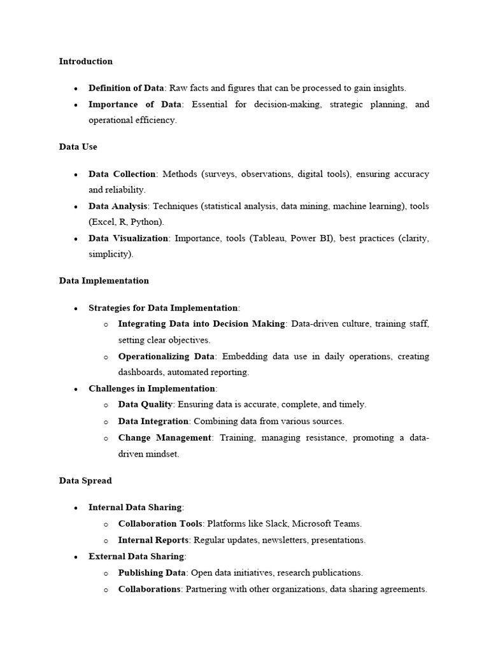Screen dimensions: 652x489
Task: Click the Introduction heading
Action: [x=85, y=62]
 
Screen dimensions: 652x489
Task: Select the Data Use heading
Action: [x=78, y=146]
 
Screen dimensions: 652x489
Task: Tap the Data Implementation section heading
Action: [x=104, y=281]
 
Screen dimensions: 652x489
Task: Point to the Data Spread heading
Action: [x=85, y=481]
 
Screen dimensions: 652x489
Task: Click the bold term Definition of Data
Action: [x=126, y=89]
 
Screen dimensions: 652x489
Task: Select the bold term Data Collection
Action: [x=122, y=174]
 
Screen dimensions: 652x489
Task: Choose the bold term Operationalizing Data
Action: [x=167, y=357]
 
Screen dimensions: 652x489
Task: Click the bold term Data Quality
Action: [x=145, y=404]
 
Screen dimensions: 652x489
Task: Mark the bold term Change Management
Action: [x=165, y=437]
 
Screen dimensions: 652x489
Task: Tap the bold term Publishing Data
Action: [x=150, y=573]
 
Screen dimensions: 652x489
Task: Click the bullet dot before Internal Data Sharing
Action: [x=76, y=508]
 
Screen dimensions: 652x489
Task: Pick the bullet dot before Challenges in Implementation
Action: [x=76, y=389]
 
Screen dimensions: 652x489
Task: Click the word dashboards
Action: [x=141, y=372]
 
